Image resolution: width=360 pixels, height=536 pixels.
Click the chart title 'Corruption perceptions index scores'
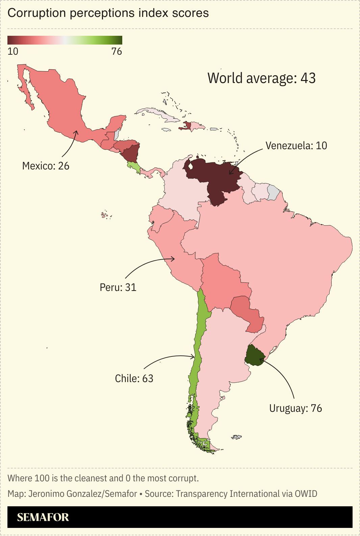tap(108, 13)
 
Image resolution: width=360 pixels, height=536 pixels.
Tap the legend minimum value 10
tap(13, 52)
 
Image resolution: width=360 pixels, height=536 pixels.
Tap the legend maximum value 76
tap(117, 52)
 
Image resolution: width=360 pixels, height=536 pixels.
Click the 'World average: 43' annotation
tap(261, 78)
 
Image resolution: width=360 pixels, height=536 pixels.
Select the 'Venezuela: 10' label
tap(296, 145)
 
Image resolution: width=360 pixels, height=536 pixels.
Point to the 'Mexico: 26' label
tap(46, 166)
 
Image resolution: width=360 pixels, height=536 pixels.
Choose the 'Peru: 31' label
tap(118, 287)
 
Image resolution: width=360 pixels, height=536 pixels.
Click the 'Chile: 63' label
tap(134, 378)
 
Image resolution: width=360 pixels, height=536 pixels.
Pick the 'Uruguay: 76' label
tap(295, 408)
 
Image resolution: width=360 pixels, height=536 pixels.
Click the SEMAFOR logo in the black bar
tap(43, 517)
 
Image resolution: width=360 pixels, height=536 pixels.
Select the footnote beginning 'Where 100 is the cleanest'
tap(103, 478)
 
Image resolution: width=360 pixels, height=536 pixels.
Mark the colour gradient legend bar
tap(65, 40)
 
